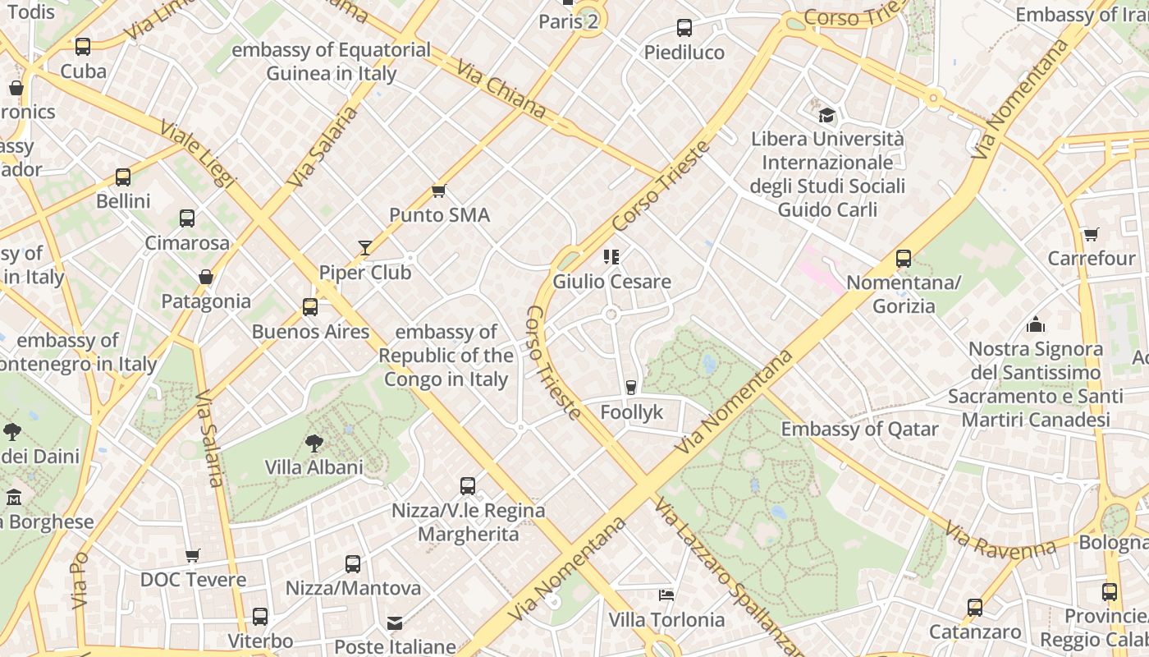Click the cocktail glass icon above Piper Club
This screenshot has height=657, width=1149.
(x=364, y=247)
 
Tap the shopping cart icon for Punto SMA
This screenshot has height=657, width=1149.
(x=438, y=191)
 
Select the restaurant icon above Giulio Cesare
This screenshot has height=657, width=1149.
(x=611, y=257)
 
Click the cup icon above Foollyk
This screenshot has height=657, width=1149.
(x=630, y=387)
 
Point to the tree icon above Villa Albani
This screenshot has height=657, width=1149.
(x=314, y=443)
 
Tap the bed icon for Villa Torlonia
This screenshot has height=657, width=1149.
(x=666, y=595)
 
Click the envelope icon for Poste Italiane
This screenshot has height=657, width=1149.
(x=395, y=623)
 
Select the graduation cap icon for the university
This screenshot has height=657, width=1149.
(x=826, y=115)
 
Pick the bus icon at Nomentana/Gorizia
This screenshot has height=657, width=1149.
(x=904, y=259)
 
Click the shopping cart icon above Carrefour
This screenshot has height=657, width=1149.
(x=1091, y=235)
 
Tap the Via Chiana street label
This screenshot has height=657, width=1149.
(x=501, y=89)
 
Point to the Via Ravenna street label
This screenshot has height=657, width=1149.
(x=1000, y=540)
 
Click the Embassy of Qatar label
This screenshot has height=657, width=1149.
(x=859, y=429)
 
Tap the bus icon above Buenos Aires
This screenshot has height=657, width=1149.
(x=310, y=307)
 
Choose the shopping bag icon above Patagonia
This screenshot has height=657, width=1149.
(x=206, y=277)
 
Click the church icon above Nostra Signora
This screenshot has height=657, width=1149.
(x=1036, y=324)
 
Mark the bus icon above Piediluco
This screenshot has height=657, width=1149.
(x=684, y=28)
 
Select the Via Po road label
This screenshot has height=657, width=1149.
(x=79, y=580)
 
